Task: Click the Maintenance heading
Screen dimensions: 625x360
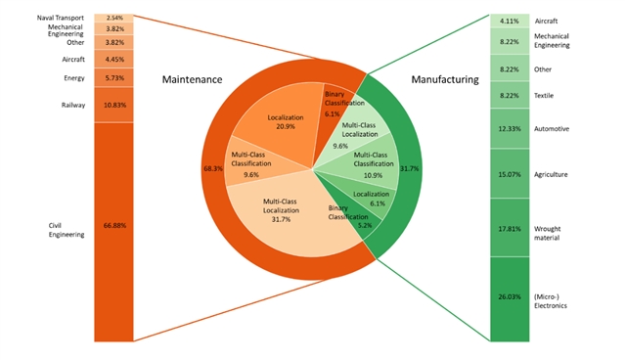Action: pyautogui.click(x=192, y=79)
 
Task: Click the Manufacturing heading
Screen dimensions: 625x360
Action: pyautogui.click(x=445, y=79)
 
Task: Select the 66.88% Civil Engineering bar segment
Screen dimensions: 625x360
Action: pyautogui.click(x=114, y=232)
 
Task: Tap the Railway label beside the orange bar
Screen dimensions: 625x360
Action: pyautogui.click(x=73, y=106)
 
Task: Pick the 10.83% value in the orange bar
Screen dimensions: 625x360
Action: pyautogui.click(x=114, y=106)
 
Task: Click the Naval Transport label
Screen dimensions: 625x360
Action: pyautogui.click(x=61, y=18)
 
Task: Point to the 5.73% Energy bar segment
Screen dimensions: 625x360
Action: pyautogui.click(x=114, y=77)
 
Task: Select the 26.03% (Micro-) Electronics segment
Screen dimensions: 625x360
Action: pyautogui.click(x=510, y=299)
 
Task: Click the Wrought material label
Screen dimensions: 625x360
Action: pyautogui.click(x=548, y=233)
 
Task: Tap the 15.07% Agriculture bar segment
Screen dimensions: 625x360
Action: pyautogui.click(x=510, y=173)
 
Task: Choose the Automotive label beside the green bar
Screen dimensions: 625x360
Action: pyautogui.click(x=552, y=129)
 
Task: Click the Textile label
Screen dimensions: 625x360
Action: pyautogui.click(x=544, y=96)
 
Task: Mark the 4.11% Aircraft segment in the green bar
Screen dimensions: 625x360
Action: pyautogui.click(x=510, y=21)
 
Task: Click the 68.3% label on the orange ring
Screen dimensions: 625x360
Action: pyautogui.click(x=213, y=168)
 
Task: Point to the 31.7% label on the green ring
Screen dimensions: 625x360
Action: pyautogui.click(x=410, y=168)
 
